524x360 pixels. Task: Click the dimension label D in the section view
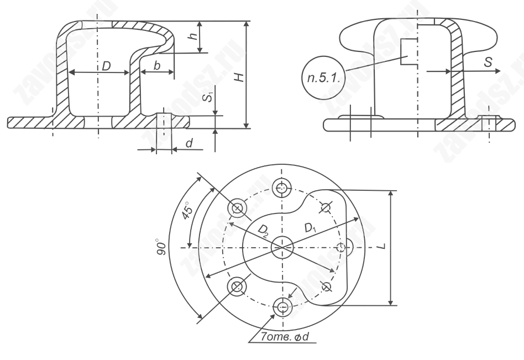(106, 66)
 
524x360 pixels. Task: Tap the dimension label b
(157, 65)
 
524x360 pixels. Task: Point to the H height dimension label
(239, 77)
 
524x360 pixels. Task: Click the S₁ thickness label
(209, 97)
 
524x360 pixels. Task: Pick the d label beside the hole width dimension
(190, 143)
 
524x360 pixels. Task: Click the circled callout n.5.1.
(323, 78)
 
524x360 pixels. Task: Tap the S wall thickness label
(488, 62)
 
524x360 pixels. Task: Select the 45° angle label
(187, 211)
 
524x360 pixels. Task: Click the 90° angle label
(161, 247)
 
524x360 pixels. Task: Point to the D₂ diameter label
(263, 230)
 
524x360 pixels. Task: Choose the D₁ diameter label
(311, 228)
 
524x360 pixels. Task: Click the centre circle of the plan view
(282, 247)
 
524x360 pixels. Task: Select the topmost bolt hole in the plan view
(282, 188)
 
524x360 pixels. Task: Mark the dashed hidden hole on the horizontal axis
(341, 247)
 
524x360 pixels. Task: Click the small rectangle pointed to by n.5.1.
(408, 51)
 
